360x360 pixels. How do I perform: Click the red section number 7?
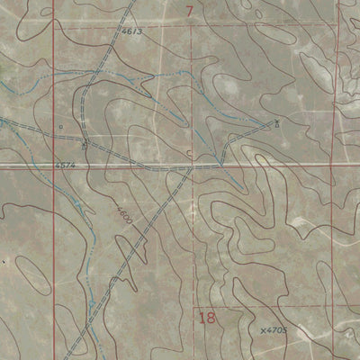pos(190,11)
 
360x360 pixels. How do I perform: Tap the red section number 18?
pos(208,318)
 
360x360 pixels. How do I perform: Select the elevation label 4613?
pos(132,32)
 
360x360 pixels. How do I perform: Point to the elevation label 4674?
pos(63,166)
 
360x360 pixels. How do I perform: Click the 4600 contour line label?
pos(124,217)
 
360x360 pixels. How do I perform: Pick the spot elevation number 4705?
pos(275,331)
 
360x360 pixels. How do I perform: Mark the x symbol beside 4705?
pos(262,332)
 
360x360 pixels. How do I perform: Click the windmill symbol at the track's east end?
pos(277,121)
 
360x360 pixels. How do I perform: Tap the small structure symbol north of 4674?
pos(84,144)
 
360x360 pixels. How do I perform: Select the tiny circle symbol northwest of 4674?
pos(60,127)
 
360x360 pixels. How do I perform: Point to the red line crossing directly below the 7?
pos(192,166)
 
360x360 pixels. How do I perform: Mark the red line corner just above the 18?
pos(194,307)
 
